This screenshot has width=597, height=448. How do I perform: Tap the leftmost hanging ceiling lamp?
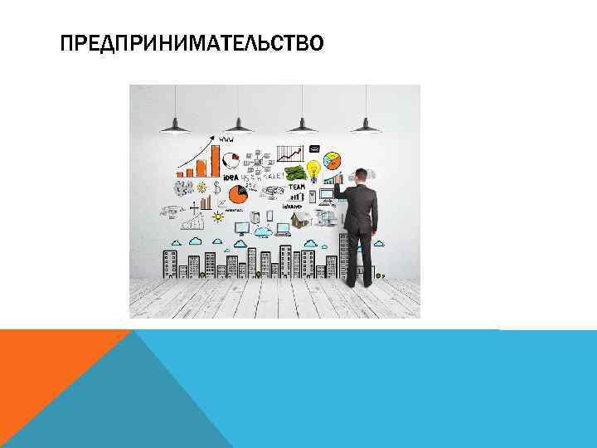pyautogui.click(x=175, y=127)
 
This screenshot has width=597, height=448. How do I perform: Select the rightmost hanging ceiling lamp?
pyautogui.click(x=365, y=127)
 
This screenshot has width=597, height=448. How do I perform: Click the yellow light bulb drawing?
pyautogui.click(x=313, y=170)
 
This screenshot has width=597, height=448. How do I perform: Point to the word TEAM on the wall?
pyautogui.click(x=296, y=187)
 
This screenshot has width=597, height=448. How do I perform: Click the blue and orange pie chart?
pyautogui.click(x=332, y=159)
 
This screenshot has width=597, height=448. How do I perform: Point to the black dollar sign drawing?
pyautogui.click(x=216, y=185)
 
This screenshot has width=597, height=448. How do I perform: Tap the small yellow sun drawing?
pyautogui.click(x=218, y=214)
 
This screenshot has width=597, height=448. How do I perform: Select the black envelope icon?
pyautogui.click(x=314, y=148)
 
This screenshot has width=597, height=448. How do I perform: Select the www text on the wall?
pyautogui.click(x=226, y=139)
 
